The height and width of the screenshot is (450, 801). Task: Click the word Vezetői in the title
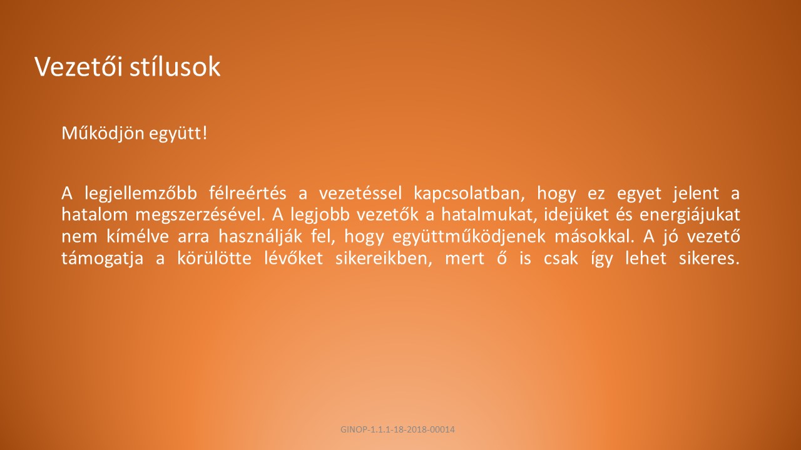[79, 66]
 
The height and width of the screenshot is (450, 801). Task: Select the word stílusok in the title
[175, 66]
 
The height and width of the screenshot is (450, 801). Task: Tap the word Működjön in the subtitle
[103, 134]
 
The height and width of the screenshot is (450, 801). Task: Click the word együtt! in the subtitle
[178, 134]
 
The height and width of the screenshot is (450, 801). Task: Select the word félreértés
[247, 193]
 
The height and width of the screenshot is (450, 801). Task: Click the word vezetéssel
[360, 193]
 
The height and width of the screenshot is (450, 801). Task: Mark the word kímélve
[137, 236]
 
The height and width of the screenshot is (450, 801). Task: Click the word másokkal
[594, 236]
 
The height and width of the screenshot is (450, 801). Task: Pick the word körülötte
[215, 258]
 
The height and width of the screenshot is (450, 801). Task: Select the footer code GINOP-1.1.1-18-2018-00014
[397, 429]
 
